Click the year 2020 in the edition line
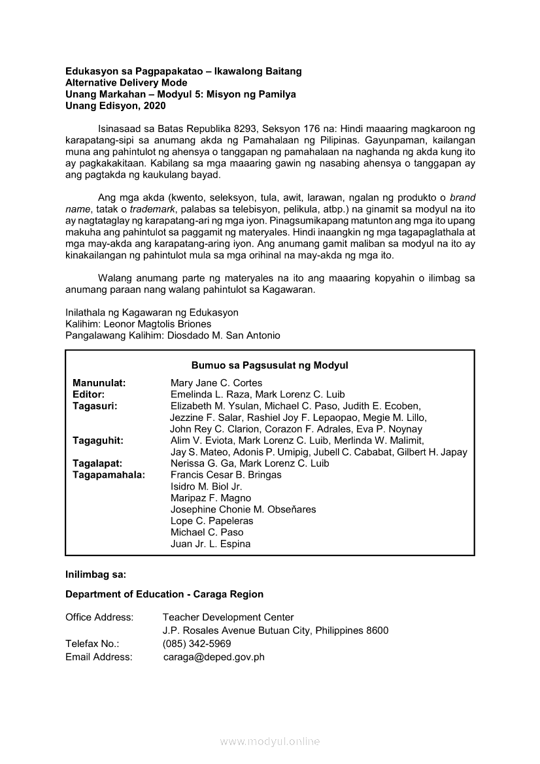pos(154,106)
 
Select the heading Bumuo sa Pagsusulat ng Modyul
pos(269,365)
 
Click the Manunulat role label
pos(99,383)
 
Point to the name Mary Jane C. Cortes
pos(216,383)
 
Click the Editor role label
pos(89,395)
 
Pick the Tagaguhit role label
pos(98,440)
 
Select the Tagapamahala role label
pos(109,475)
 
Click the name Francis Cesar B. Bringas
pos(226,475)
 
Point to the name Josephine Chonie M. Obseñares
pos(243,510)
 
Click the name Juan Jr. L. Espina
pos(211,544)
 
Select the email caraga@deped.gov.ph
pos(214,657)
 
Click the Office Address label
pos(99,617)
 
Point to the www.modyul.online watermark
pos(270,741)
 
